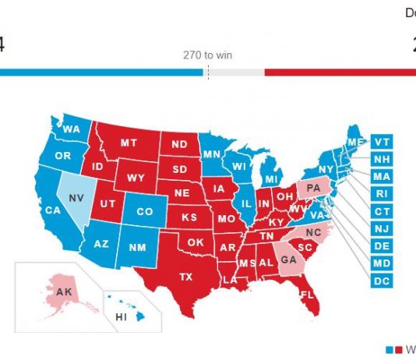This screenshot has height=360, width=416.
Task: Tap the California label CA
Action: (x=53, y=210)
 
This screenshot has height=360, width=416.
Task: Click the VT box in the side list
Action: (x=381, y=142)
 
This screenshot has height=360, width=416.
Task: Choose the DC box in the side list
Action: (x=381, y=281)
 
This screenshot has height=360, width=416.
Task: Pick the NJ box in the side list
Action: (x=381, y=228)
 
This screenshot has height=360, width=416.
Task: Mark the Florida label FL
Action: (x=306, y=295)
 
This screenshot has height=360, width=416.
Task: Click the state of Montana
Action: (x=129, y=143)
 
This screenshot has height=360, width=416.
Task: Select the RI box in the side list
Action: (x=381, y=194)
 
